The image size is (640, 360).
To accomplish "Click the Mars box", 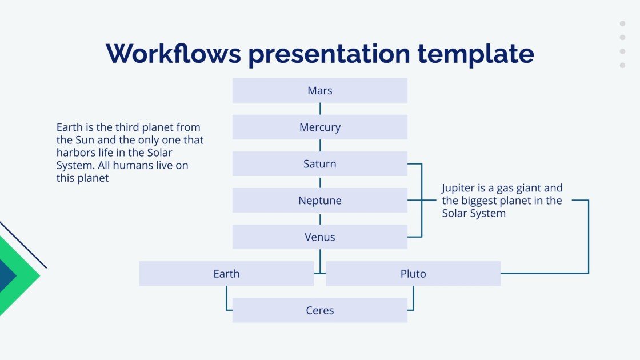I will click(x=319, y=90).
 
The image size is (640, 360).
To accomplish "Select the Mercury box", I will click(x=319, y=127).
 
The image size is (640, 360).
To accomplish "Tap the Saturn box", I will click(x=319, y=164).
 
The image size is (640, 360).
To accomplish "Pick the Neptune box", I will click(x=319, y=201).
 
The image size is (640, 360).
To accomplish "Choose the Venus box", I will click(x=319, y=237).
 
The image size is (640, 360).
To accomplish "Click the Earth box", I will click(x=226, y=274).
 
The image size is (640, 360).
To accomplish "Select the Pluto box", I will click(x=413, y=274).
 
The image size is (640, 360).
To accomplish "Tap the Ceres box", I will click(x=319, y=310).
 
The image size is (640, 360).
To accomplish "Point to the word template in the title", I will click(x=475, y=54).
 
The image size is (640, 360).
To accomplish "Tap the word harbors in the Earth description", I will click(x=75, y=153).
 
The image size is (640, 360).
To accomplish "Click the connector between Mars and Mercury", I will click(x=320, y=109).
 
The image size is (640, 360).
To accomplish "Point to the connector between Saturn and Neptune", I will click(x=320, y=182).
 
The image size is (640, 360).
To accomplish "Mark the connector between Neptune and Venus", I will click(x=320, y=219).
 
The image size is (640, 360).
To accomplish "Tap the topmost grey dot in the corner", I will click(x=622, y=24).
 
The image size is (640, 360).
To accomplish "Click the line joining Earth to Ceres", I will click(x=227, y=300).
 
